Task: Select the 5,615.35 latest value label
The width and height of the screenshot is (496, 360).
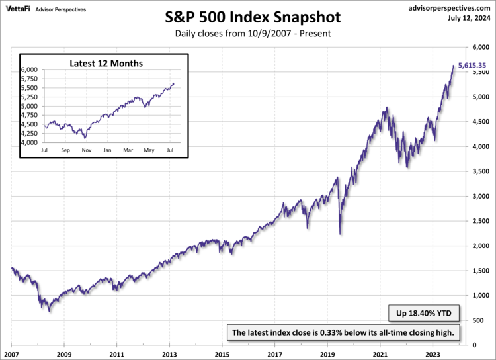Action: (472, 66)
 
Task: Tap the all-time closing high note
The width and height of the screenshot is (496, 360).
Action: (343, 332)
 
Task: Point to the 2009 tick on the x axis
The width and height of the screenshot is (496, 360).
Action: (64, 353)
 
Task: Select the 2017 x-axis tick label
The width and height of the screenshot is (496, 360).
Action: (275, 353)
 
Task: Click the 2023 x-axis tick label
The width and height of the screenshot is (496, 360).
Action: (433, 353)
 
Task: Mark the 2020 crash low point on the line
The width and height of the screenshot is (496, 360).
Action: (340, 234)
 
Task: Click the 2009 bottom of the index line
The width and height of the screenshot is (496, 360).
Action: (49, 311)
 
